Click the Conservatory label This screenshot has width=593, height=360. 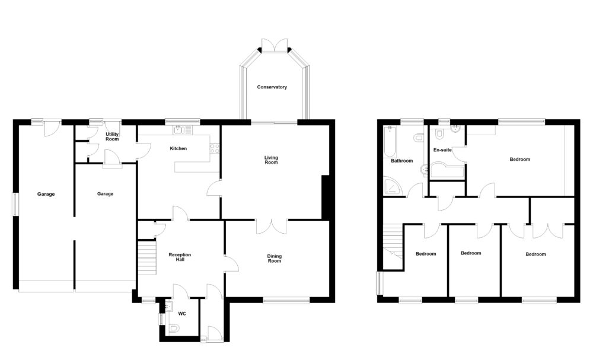(x=272, y=87)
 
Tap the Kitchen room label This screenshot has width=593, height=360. (x=178, y=149)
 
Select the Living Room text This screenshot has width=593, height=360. (x=271, y=160)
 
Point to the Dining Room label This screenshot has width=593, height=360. (x=275, y=259)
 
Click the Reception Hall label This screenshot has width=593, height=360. (x=180, y=257)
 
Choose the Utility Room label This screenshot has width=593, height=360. (x=112, y=136)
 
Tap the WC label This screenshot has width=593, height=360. (x=182, y=314)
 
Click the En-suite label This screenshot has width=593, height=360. (x=442, y=150)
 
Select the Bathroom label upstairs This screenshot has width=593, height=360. (x=401, y=161)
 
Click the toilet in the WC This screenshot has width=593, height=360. (x=174, y=328)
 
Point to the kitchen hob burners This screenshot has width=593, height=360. (x=215, y=149)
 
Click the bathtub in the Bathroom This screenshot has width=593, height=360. (x=390, y=142)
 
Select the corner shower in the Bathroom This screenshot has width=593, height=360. (x=391, y=186)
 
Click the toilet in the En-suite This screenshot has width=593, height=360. (x=439, y=133)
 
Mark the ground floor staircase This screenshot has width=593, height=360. (x=147, y=258)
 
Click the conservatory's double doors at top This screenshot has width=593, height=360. (x=275, y=44)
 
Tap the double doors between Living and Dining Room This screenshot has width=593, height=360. (x=271, y=227)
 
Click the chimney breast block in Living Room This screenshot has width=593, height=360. (x=325, y=197)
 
